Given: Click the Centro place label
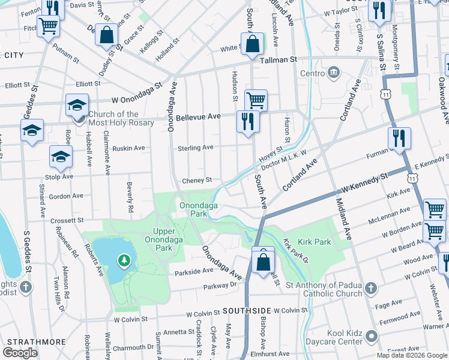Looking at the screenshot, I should [312, 74].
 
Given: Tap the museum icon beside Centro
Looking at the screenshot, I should [334, 73].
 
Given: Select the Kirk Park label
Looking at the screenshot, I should [313, 241].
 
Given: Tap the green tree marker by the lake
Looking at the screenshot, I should [123, 260].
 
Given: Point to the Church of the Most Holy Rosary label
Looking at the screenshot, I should [121, 118].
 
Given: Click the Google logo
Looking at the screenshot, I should [20, 352].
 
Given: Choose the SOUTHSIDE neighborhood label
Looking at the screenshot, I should [246, 311].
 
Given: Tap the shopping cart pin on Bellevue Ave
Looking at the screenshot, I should [256, 100].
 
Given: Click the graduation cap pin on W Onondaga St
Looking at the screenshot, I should [77, 105].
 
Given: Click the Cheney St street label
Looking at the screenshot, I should [197, 180].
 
